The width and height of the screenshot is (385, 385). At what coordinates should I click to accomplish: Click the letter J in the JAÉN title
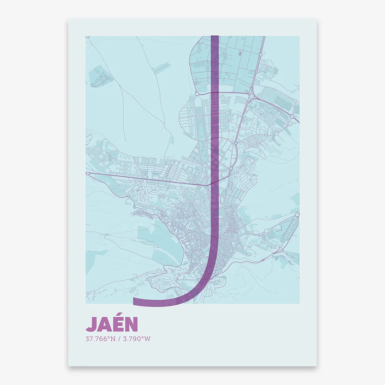click(x=91, y=324)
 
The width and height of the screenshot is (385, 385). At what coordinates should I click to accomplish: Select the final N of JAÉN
click(x=131, y=324)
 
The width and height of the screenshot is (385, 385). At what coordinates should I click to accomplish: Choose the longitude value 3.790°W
click(x=136, y=339)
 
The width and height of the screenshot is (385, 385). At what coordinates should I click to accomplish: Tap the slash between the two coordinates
click(x=119, y=339)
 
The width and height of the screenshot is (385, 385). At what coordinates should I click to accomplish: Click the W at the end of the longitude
click(x=147, y=339)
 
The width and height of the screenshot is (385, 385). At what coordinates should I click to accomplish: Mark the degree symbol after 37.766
click(x=109, y=337)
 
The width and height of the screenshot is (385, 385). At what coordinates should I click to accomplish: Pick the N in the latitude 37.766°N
click(x=113, y=339)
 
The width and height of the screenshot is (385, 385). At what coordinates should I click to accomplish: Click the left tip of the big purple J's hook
click(x=135, y=301)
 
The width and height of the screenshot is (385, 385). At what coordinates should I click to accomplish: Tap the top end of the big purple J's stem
click(x=215, y=37)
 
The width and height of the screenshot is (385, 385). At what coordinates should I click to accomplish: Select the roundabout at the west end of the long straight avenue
click(x=88, y=174)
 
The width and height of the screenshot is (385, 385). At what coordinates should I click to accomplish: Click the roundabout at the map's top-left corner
click(x=88, y=37)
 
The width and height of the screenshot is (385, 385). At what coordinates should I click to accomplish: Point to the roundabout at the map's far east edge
click(x=297, y=215)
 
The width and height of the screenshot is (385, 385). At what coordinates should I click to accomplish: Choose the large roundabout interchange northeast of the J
click(x=251, y=96)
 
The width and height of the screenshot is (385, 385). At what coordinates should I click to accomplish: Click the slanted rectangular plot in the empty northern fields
click(x=162, y=68)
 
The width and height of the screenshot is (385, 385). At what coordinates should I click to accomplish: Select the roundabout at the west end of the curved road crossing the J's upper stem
click(x=197, y=94)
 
